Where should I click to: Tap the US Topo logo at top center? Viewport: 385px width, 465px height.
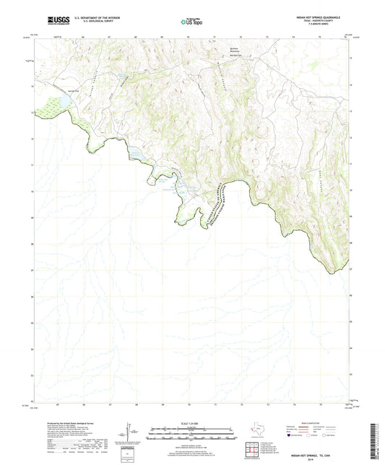(189, 20)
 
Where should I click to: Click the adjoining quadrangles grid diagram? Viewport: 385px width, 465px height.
(254, 451)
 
